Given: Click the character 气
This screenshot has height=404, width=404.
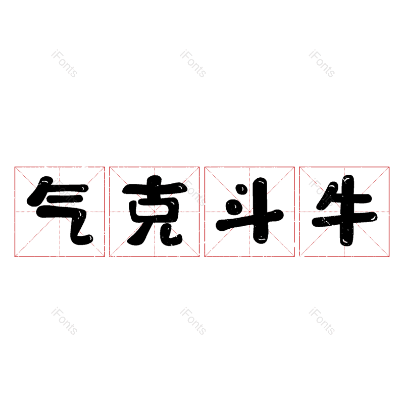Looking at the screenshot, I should (60, 211).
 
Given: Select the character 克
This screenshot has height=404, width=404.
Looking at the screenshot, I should (155, 211).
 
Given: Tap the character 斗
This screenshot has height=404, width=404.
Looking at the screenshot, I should (249, 211).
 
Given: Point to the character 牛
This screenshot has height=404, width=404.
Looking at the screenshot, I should (344, 211).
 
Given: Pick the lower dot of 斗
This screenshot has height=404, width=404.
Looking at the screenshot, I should (233, 207).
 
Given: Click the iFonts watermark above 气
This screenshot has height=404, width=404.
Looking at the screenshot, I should (64, 64).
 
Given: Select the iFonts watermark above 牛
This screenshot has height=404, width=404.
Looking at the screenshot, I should (322, 64).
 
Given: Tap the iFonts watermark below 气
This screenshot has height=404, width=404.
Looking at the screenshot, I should (64, 322).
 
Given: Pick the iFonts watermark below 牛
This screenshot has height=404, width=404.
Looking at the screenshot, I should (322, 322).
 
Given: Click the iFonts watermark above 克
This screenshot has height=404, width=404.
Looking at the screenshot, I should (193, 64).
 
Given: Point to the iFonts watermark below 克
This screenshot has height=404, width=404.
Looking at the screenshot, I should (193, 322).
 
